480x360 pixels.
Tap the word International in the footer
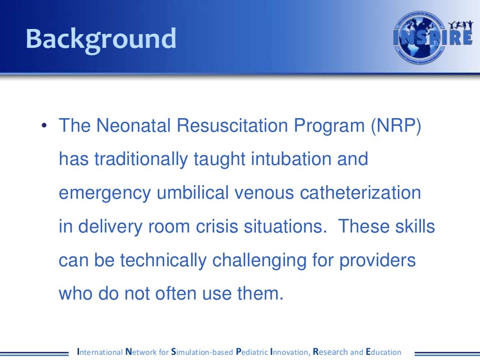99,352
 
